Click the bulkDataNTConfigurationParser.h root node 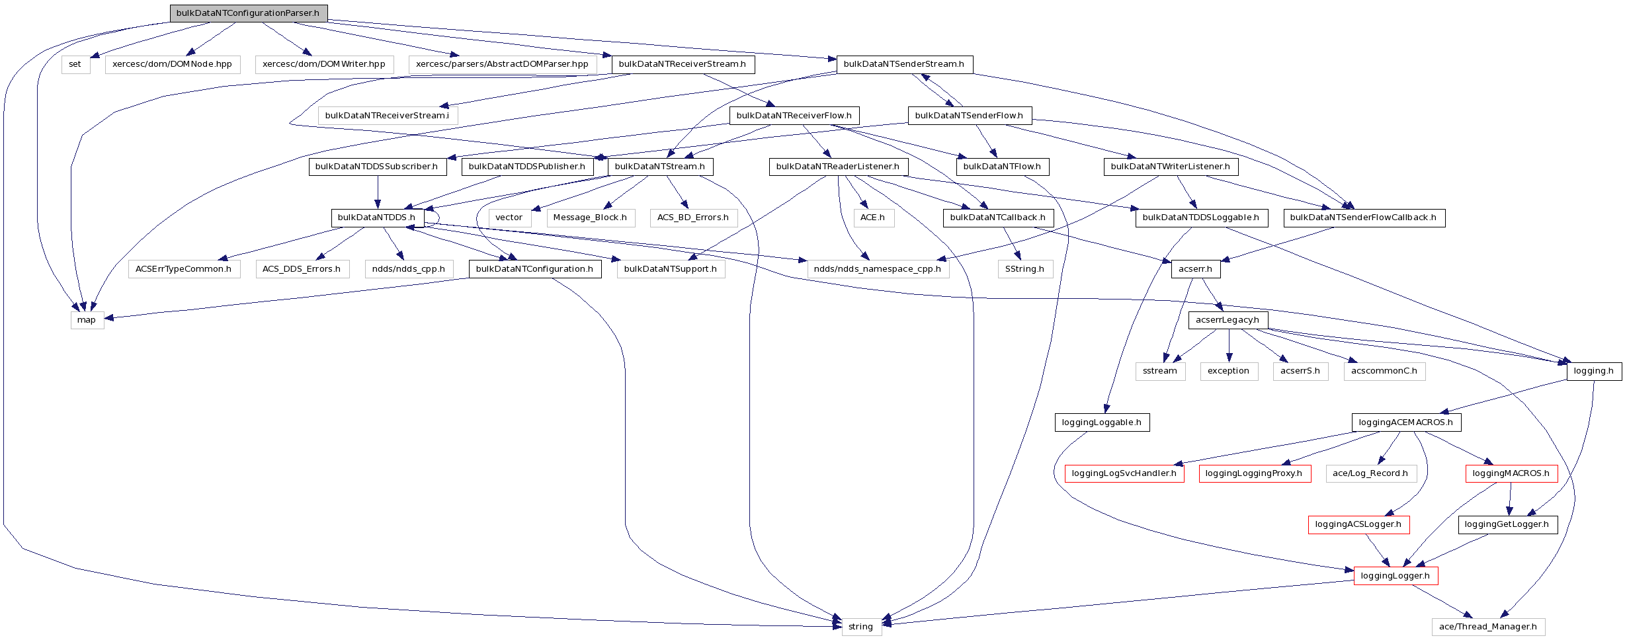pyautogui.click(x=248, y=13)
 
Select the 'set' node pyautogui.click(x=75, y=64)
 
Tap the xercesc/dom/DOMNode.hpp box pyautogui.click(x=172, y=64)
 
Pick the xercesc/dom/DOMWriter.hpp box pyautogui.click(x=324, y=64)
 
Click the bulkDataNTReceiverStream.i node pyautogui.click(x=387, y=115)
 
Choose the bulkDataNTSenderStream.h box pyautogui.click(x=904, y=64)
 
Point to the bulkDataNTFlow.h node pyautogui.click(x=1002, y=166)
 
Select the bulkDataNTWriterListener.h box pyautogui.click(x=1170, y=166)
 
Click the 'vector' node pyautogui.click(x=509, y=218)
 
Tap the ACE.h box pyautogui.click(x=872, y=218)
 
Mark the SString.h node pyautogui.click(x=1024, y=268)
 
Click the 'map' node pyautogui.click(x=87, y=320)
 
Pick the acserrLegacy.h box pyautogui.click(x=1228, y=320)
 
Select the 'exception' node pyautogui.click(x=1228, y=371)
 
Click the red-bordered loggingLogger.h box pyautogui.click(x=1396, y=576)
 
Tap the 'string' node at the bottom pyautogui.click(x=860, y=627)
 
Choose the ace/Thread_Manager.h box pyautogui.click(x=1488, y=627)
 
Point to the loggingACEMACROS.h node pyautogui.click(x=1406, y=422)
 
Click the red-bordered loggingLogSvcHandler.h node pyautogui.click(x=1124, y=473)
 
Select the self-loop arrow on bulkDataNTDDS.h pyautogui.click(x=438, y=219)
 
